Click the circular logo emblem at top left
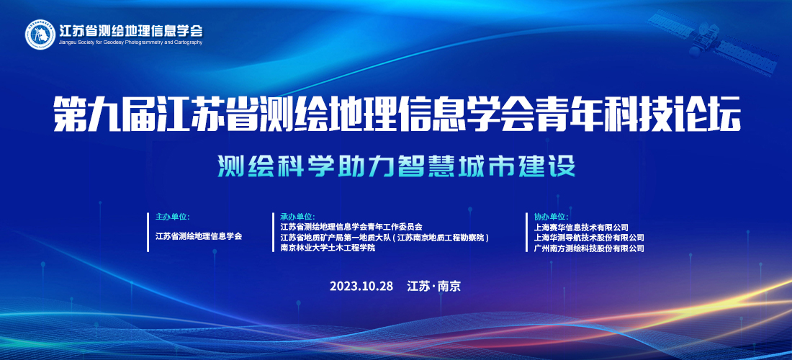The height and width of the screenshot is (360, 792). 41,35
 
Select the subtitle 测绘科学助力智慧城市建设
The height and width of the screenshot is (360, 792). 397,167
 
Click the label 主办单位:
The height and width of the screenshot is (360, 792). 172,217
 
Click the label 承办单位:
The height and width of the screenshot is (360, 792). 297,217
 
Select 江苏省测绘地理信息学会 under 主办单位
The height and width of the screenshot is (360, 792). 199,235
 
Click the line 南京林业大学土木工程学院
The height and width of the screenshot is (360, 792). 328,248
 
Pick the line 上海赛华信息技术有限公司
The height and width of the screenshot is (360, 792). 581,228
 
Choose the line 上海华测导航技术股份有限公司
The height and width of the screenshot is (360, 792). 589,238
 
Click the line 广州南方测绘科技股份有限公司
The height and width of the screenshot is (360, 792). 589,248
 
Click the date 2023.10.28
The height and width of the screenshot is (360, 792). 361,287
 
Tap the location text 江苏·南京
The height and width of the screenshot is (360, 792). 434,287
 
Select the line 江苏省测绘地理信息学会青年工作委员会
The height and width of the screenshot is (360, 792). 351,228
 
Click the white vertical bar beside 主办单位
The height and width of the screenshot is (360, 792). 148,233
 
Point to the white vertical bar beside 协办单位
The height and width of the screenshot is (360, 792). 527,233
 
